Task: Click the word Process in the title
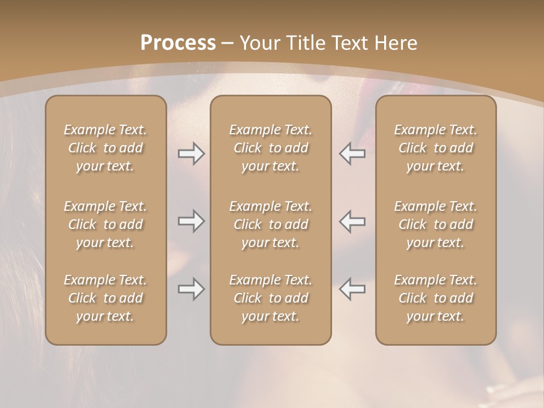(178, 43)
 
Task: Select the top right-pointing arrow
(191, 154)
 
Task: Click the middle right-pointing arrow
(191, 221)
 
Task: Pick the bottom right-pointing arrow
(191, 290)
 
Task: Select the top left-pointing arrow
(352, 154)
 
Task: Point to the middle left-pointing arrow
(352, 221)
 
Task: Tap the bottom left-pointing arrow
(352, 290)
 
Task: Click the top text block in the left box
(105, 148)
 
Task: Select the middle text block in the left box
(105, 224)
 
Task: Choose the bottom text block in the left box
(105, 298)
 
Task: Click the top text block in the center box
(270, 148)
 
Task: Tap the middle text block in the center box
(270, 224)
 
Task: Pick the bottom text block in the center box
(270, 298)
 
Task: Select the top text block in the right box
(435, 148)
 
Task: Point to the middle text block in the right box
(435, 224)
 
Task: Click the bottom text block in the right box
(435, 298)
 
